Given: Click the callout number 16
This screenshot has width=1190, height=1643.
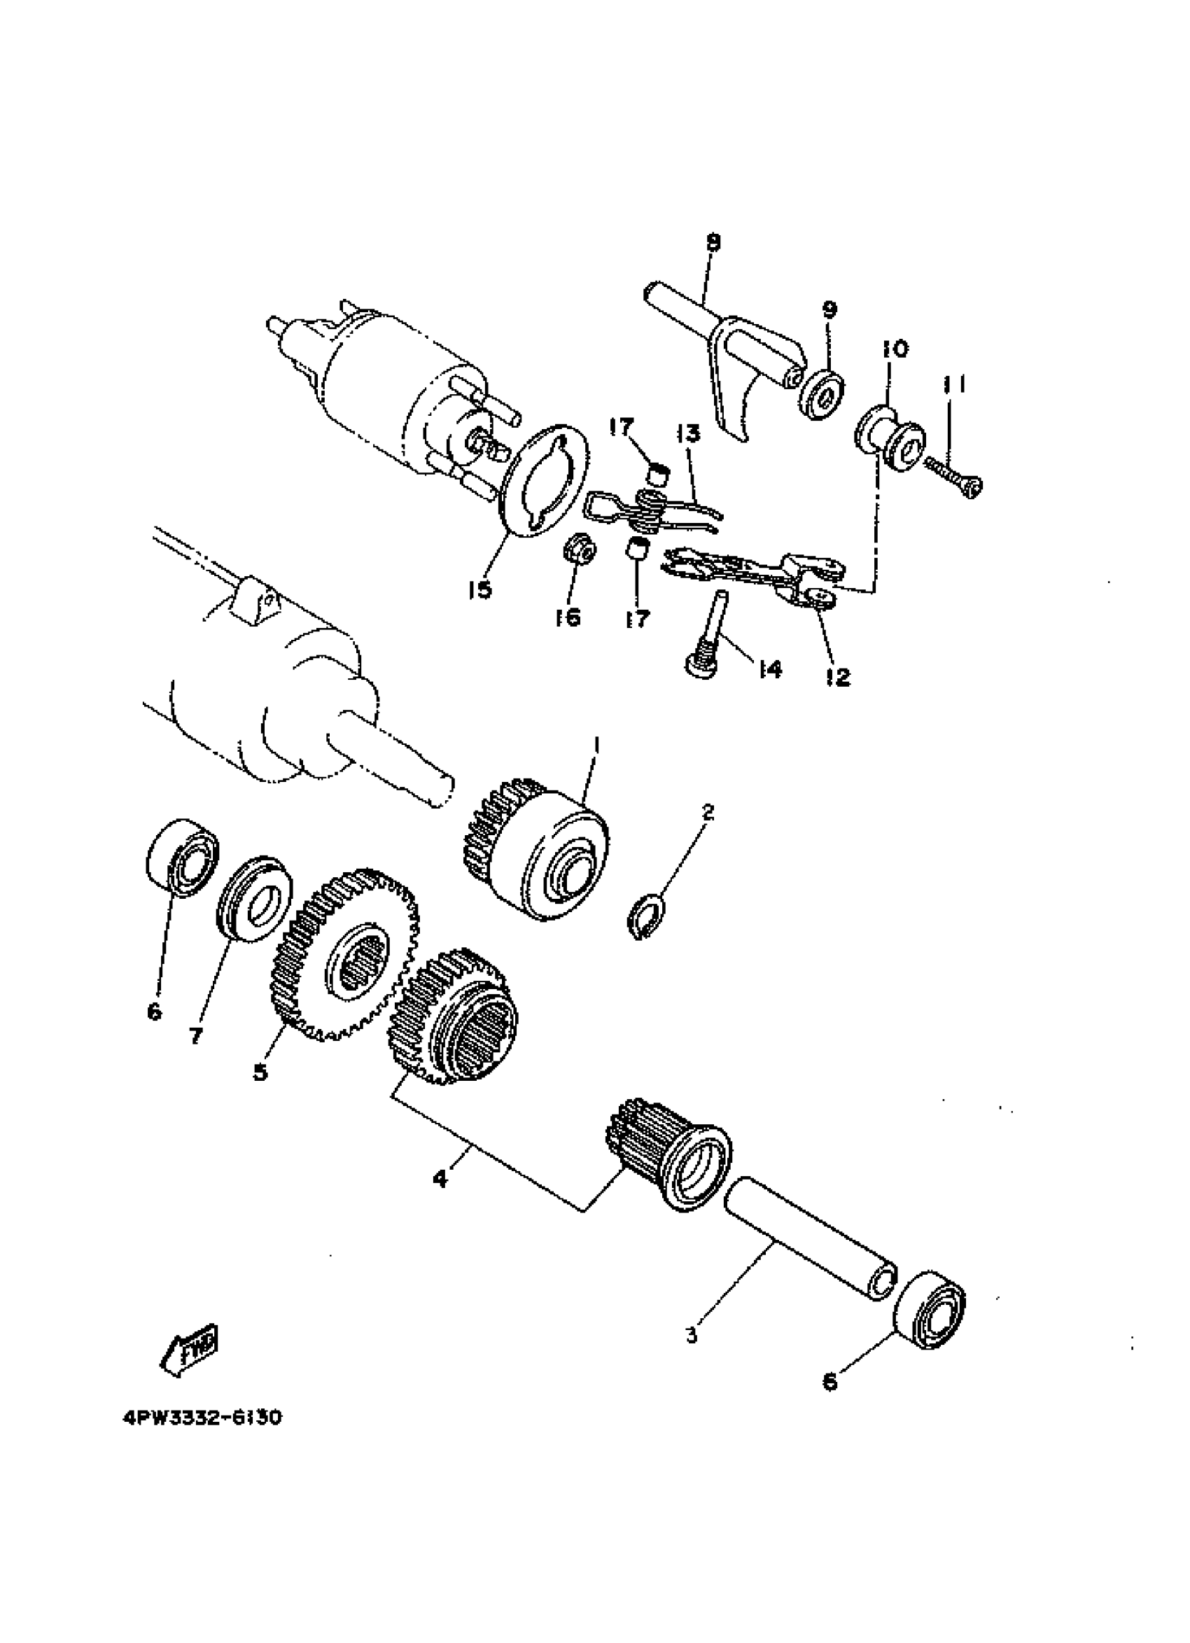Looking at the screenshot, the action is [x=568, y=617].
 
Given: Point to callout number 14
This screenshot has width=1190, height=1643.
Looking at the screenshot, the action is [x=770, y=670].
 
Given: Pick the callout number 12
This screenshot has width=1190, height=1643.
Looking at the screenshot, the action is [x=837, y=678].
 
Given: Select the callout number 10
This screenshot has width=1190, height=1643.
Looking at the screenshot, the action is [x=895, y=349].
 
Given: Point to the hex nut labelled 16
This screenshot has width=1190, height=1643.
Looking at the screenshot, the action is [x=579, y=550].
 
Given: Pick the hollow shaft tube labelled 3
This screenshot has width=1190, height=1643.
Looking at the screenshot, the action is [x=810, y=1239].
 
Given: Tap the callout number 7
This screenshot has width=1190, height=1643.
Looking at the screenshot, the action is [x=195, y=1036].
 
